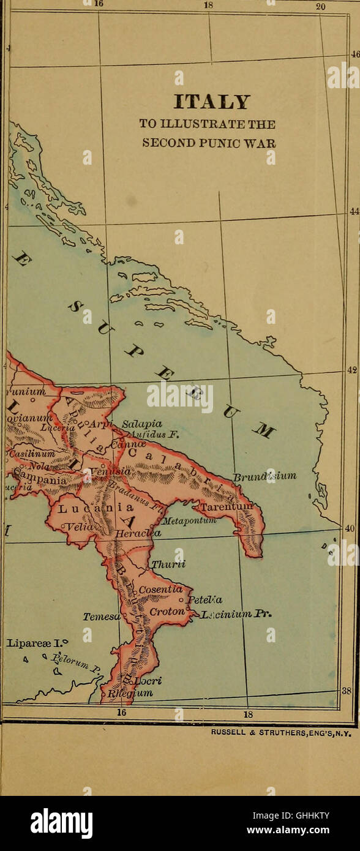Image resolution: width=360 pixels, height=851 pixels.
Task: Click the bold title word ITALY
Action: pyautogui.click(x=212, y=102)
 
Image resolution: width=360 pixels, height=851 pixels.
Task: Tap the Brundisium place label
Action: pyautogui.click(x=264, y=476)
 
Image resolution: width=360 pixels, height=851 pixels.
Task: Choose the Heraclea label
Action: pyautogui.click(x=138, y=533)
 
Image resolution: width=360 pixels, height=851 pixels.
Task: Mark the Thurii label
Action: pyautogui.click(x=168, y=564)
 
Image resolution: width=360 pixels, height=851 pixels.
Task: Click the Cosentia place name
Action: pyautogui.click(x=161, y=589)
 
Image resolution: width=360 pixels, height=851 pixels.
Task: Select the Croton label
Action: pyautogui.click(x=167, y=612)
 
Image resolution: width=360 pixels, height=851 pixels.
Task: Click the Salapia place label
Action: pyautogui.click(x=141, y=424)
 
